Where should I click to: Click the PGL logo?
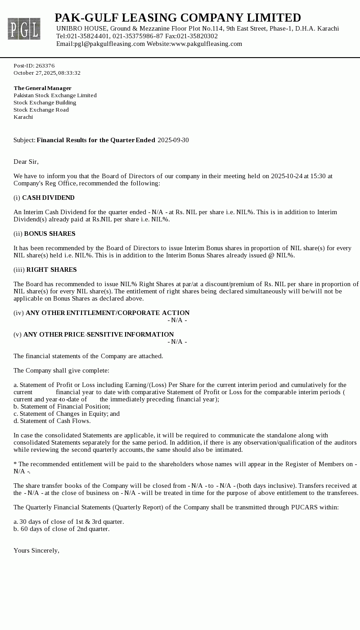[x=24, y=29]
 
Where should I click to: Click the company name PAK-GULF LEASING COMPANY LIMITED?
[x=178, y=18]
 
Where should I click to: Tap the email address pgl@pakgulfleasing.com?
[x=110, y=44]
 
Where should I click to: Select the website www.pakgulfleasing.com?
[x=207, y=44]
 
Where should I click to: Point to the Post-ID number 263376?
[x=45, y=66]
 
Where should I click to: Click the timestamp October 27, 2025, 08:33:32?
[x=47, y=73]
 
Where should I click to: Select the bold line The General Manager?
[x=42, y=88]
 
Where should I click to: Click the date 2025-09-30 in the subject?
[x=173, y=140]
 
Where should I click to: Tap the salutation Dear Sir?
[x=26, y=162]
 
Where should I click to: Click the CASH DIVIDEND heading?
[x=48, y=198]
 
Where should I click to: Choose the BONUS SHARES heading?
[x=49, y=234]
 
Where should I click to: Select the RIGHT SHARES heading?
[x=51, y=270]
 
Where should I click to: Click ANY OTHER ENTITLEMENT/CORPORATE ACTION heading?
[x=108, y=313]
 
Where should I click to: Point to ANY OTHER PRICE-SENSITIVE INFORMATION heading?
[x=99, y=334]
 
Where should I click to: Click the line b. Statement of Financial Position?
[x=62, y=406]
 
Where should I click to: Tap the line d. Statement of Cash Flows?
[x=52, y=421]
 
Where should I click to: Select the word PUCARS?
[x=304, y=507]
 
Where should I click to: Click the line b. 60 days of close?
[x=61, y=529]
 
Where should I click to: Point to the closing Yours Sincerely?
[x=36, y=550]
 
